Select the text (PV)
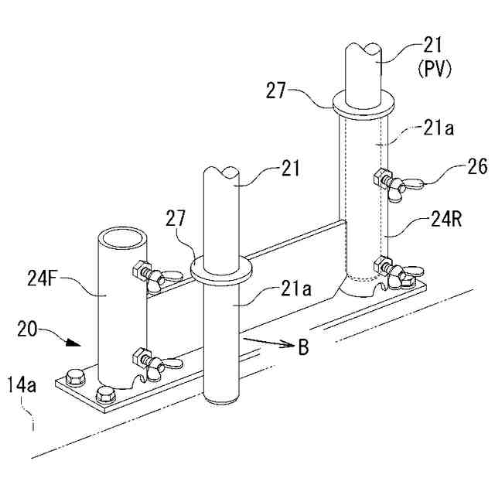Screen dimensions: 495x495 (434, 69)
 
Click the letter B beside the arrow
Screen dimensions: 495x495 (303, 348)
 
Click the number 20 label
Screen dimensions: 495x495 (29, 331)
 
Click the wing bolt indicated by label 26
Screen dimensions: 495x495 (395, 183)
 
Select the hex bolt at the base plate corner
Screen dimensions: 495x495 (74, 379)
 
